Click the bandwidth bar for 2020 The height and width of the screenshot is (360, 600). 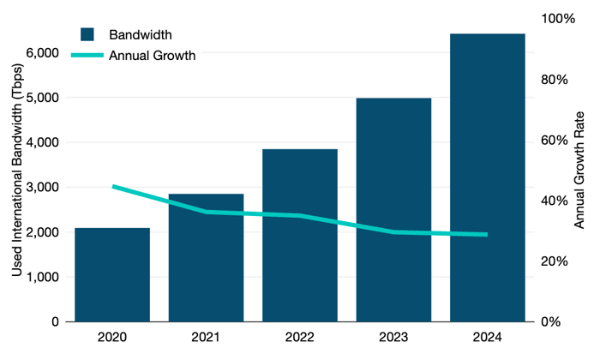click(x=112, y=274)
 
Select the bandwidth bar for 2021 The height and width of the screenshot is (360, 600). click(x=206, y=257)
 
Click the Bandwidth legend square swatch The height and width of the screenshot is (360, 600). click(x=87, y=35)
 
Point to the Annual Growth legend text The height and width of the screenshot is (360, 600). click(x=153, y=56)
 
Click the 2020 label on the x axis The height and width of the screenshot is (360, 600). click(x=112, y=338)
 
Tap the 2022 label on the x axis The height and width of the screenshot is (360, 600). click(x=300, y=338)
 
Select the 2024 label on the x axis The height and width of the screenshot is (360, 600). click(x=487, y=338)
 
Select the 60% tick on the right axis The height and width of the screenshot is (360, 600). click(x=553, y=141)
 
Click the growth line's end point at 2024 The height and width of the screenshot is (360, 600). click(x=487, y=234)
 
